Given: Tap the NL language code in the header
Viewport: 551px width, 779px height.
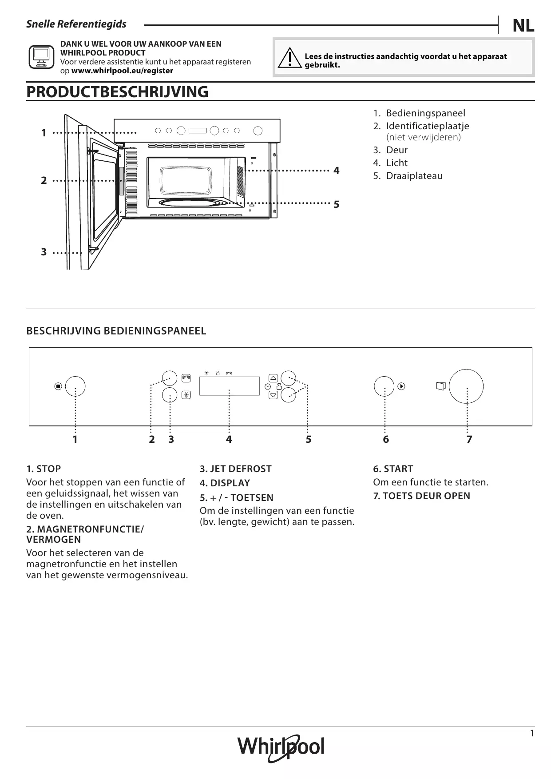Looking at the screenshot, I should (x=523, y=26).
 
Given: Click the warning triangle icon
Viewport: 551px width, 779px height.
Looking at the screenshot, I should (x=289, y=58).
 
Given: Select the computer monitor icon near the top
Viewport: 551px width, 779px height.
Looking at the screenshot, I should (x=41, y=57).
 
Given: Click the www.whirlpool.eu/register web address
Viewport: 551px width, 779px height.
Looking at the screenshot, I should (x=122, y=71).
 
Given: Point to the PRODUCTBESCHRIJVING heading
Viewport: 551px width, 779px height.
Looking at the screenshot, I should (x=117, y=92).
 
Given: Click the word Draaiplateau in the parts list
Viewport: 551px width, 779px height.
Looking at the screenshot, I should (x=414, y=176).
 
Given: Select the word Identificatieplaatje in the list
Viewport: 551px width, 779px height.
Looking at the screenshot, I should (x=427, y=126).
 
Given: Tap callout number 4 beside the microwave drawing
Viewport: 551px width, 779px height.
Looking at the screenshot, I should (x=337, y=171).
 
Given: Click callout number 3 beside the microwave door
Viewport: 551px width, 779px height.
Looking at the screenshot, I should (x=44, y=252).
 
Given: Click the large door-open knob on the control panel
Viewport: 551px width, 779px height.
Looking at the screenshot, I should (x=466, y=386).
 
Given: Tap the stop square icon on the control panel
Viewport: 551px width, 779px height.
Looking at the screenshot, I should (x=58, y=386).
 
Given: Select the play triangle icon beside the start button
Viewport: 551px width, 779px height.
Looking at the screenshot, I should (x=401, y=386).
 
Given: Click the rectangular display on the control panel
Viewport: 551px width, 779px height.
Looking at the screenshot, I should (x=229, y=386).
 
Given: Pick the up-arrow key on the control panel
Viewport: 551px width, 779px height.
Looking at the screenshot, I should (x=274, y=378).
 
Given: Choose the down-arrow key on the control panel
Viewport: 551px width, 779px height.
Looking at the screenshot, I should (x=274, y=394).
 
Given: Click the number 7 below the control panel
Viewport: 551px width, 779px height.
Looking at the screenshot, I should (x=469, y=440).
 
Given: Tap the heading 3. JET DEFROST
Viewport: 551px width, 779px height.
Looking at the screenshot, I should (x=235, y=469).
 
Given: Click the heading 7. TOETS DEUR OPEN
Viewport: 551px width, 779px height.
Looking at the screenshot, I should (x=421, y=496).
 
